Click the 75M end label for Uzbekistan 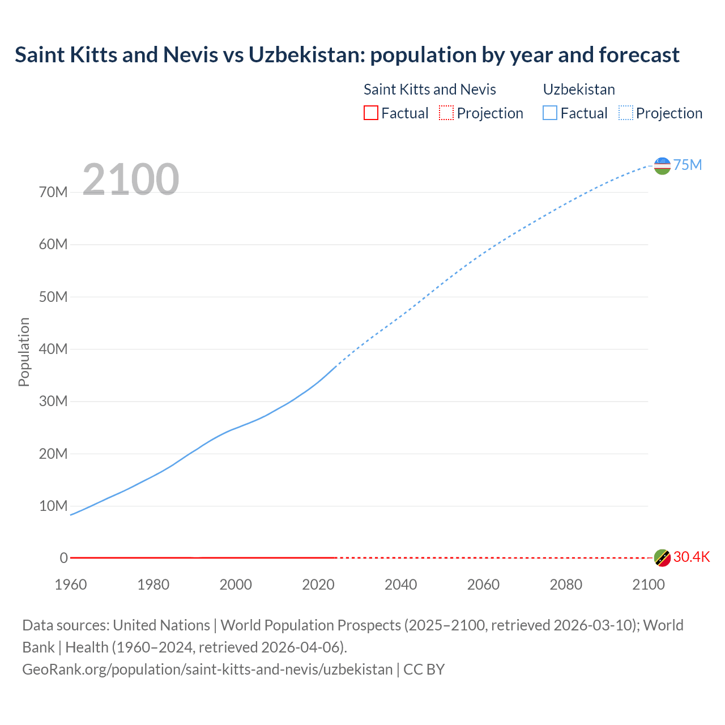click(x=687, y=165)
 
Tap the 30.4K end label click(x=691, y=557)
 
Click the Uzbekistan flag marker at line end click(x=662, y=165)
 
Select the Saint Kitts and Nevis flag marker click(x=662, y=558)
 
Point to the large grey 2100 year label click(x=131, y=180)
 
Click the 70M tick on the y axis click(x=53, y=193)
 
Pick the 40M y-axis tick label click(x=53, y=349)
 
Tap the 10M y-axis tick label click(x=53, y=506)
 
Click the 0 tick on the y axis click(x=63, y=558)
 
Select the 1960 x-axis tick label click(x=71, y=585)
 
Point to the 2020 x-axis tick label click(x=318, y=585)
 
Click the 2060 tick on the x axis click(x=483, y=585)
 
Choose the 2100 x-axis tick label click(x=648, y=585)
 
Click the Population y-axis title click(x=24, y=352)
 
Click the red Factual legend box click(x=371, y=113)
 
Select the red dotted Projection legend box click(x=446, y=113)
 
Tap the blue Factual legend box click(x=550, y=113)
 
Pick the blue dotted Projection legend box click(x=626, y=113)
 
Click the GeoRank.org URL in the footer click(x=207, y=669)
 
